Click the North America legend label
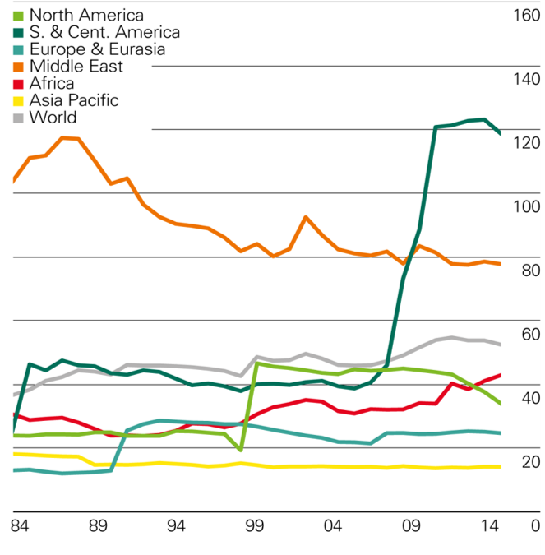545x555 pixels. point(85,16)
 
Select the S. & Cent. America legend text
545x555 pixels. point(104,33)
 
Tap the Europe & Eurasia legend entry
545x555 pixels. point(97,49)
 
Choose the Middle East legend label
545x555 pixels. point(76,67)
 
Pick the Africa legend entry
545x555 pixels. point(51,83)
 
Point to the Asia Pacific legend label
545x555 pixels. point(74,100)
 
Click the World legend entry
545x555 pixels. point(53,118)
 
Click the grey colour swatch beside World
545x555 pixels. point(19,118)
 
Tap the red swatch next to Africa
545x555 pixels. point(19,84)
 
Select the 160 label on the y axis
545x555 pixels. point(525,16)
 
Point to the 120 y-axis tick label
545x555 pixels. point(525,143)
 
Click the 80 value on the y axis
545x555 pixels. point(529,271)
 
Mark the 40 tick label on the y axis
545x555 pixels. point(529,398)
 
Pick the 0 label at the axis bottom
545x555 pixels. point(534,525)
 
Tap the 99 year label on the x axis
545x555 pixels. point(254,525)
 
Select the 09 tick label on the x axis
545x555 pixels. point(411,525)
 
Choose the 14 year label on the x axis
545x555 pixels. point(490,525)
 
